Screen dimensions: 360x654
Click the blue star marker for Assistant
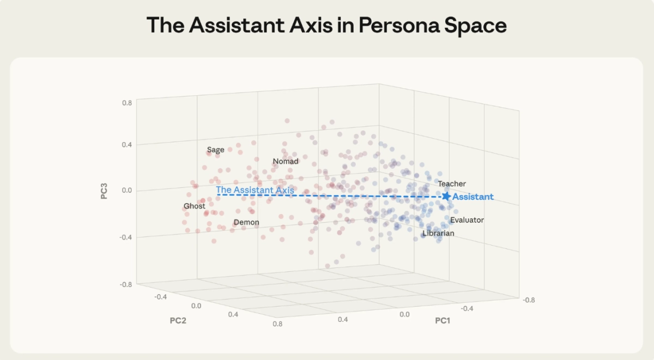(x=446, y=196)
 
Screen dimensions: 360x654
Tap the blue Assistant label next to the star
(x=473, y=197)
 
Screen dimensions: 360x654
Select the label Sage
(x=215, y=150)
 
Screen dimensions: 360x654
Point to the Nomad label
(x=286, y=161)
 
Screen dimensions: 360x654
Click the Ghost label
(x=195, y=206)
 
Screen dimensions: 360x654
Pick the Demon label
(x=246, y=222)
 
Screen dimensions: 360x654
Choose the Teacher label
(x=452, y=184)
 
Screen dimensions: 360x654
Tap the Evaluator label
(x=467, y=220)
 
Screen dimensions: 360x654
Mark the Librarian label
(x=438, y=233)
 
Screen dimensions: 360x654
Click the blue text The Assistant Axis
(x=255, y=190)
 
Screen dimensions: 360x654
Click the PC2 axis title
(x=178, y=320)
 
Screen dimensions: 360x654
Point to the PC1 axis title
(x=443, y=321)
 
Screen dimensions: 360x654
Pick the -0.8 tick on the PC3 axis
(x=125, y=284)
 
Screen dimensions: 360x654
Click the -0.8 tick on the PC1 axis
(x=528, y=300)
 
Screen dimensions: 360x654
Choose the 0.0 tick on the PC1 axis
(x=404, y=314)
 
